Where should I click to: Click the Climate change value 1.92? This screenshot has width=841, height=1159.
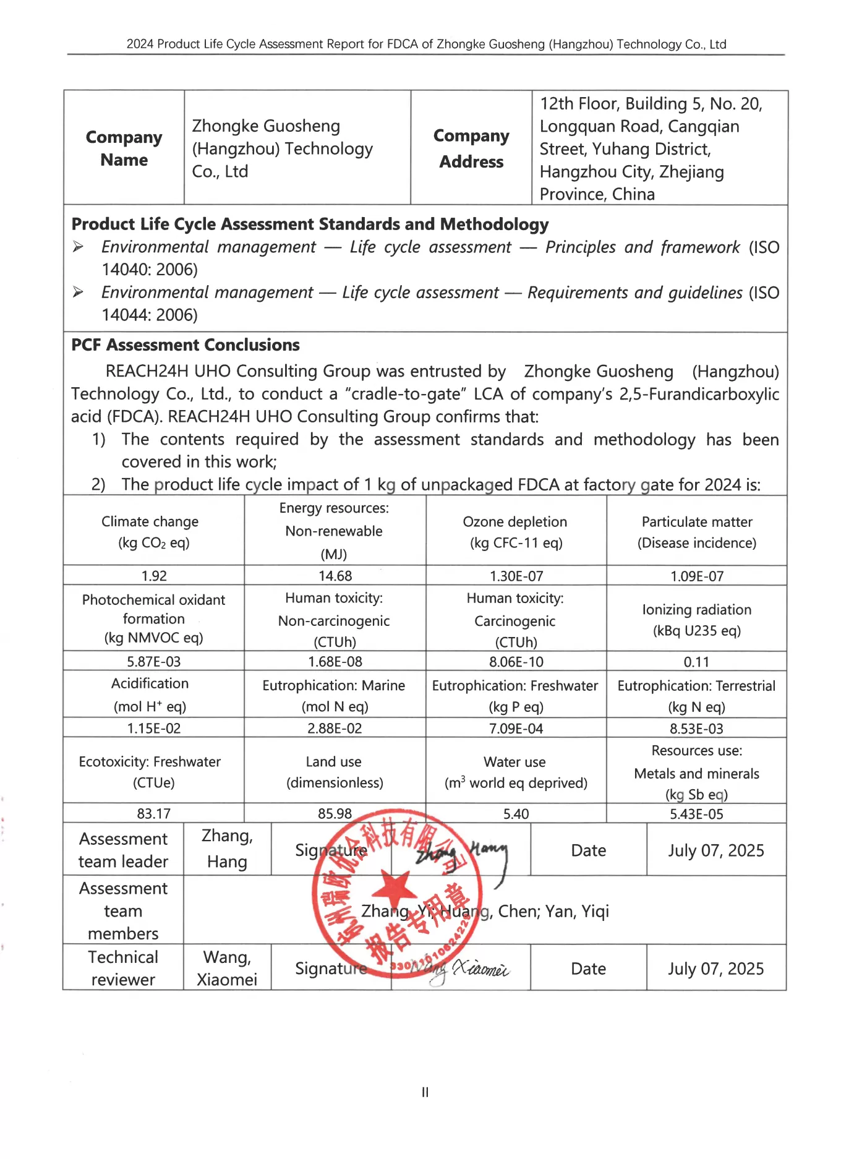[x=154, y=576]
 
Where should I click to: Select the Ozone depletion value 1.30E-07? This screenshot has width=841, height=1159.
[x=516, y=576]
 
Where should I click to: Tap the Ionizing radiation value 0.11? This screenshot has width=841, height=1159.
[x=696, y=662]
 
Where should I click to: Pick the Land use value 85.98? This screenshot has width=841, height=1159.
[x=335, y=813]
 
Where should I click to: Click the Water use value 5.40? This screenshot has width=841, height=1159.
[x=516, y=813]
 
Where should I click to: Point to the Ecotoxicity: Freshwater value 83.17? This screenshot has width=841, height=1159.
[x=154, y=813]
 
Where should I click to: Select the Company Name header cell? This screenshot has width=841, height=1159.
[x=124, y=148]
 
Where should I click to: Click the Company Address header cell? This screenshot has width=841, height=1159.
[x=471, y=148]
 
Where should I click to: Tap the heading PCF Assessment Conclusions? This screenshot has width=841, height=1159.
[x=186, y=345]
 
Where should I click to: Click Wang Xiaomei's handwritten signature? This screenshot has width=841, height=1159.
[x=470, y=969]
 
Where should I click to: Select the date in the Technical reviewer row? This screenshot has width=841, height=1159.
[x=715, y=969]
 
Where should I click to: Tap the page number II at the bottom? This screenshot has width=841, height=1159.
[x=425, y=1092]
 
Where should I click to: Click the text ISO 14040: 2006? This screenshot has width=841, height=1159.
[x=150, y=270]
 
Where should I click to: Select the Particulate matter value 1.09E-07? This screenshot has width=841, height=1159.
[x=697, y=576]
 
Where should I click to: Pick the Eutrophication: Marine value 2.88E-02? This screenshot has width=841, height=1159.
[x=335, y=728]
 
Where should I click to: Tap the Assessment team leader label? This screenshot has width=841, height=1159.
[x=123, y=850]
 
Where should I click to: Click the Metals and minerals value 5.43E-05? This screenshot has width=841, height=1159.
[x=696, y=813]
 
